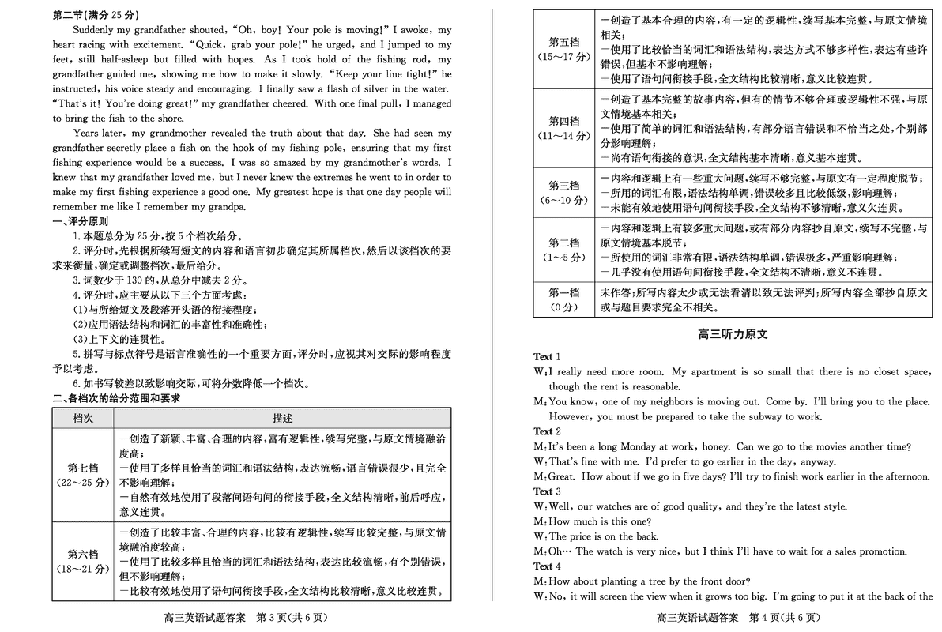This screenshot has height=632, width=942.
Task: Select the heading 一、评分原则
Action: coord(81,222)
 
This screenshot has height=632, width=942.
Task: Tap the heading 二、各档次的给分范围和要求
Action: coord(116,398)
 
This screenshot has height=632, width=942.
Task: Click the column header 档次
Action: coord(83,418)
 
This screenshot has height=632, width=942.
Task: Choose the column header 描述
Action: coord(282,418)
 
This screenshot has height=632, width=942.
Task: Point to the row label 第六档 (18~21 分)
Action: coord(83,561)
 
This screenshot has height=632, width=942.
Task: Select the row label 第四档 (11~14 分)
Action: coord(563,128)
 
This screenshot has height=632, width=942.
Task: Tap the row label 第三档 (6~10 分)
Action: coord(563,193)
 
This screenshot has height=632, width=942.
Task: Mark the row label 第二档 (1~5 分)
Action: coord(563,250)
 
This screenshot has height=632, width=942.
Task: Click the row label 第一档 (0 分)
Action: coord(563,299)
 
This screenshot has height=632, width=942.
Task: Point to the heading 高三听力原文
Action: coord(733,334)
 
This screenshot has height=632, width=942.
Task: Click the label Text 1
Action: coord(547,357)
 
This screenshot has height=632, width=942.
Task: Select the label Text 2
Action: coord(547,431)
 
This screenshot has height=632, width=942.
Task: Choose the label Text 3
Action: coord(547,491)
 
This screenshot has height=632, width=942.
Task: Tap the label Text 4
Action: coord(547,566)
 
